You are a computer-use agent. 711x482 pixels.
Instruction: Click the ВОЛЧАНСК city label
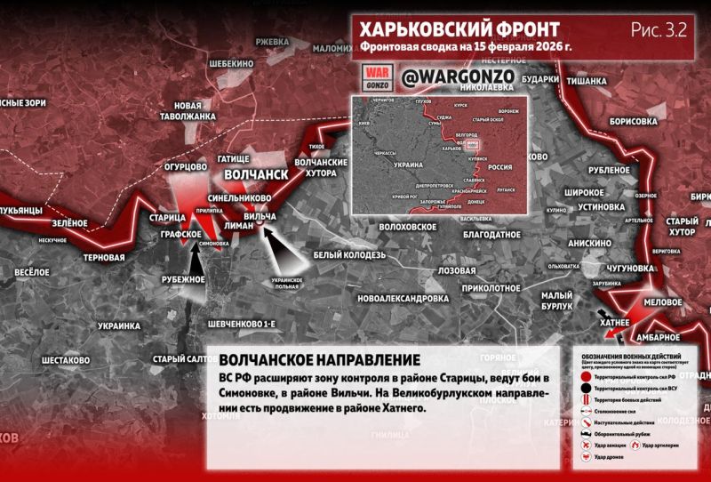pyautogui.click(x=256, y=175)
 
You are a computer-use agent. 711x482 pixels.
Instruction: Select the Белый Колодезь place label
pyautogui.click(x=349, y=254)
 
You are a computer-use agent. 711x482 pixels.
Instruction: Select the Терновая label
pyautogui.click(x=103, y=259)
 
